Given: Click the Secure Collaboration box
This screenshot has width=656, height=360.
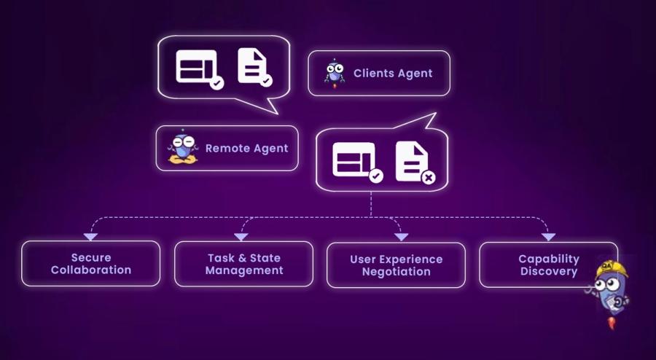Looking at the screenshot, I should [x=90, y=264].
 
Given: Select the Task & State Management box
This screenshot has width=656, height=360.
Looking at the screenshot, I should [x=243, y=264].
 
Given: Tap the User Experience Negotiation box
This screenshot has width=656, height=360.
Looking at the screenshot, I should [x=396, y=265].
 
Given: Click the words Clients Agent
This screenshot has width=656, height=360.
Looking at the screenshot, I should [x=393, y=73].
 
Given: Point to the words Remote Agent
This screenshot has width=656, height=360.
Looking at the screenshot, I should [x=246, y=148].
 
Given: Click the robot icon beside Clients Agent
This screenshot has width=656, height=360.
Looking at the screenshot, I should [x=335, y=73].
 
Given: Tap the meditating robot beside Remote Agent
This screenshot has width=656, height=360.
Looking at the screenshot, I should [x=181, y=148].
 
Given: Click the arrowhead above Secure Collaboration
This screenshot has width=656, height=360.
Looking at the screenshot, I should [x=90, y=236].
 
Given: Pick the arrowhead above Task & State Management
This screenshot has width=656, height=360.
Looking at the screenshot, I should [x=241, y=236].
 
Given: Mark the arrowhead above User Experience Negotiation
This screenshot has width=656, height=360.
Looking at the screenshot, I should [x=401, y=236].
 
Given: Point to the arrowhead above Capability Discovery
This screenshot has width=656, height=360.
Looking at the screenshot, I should [x=548, y=236].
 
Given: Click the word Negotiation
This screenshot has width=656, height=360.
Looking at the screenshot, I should [x=396, y=272].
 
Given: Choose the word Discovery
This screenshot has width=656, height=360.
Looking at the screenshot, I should [x=549, y=271].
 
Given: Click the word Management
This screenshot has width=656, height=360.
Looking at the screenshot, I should [x=243, y=270].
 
